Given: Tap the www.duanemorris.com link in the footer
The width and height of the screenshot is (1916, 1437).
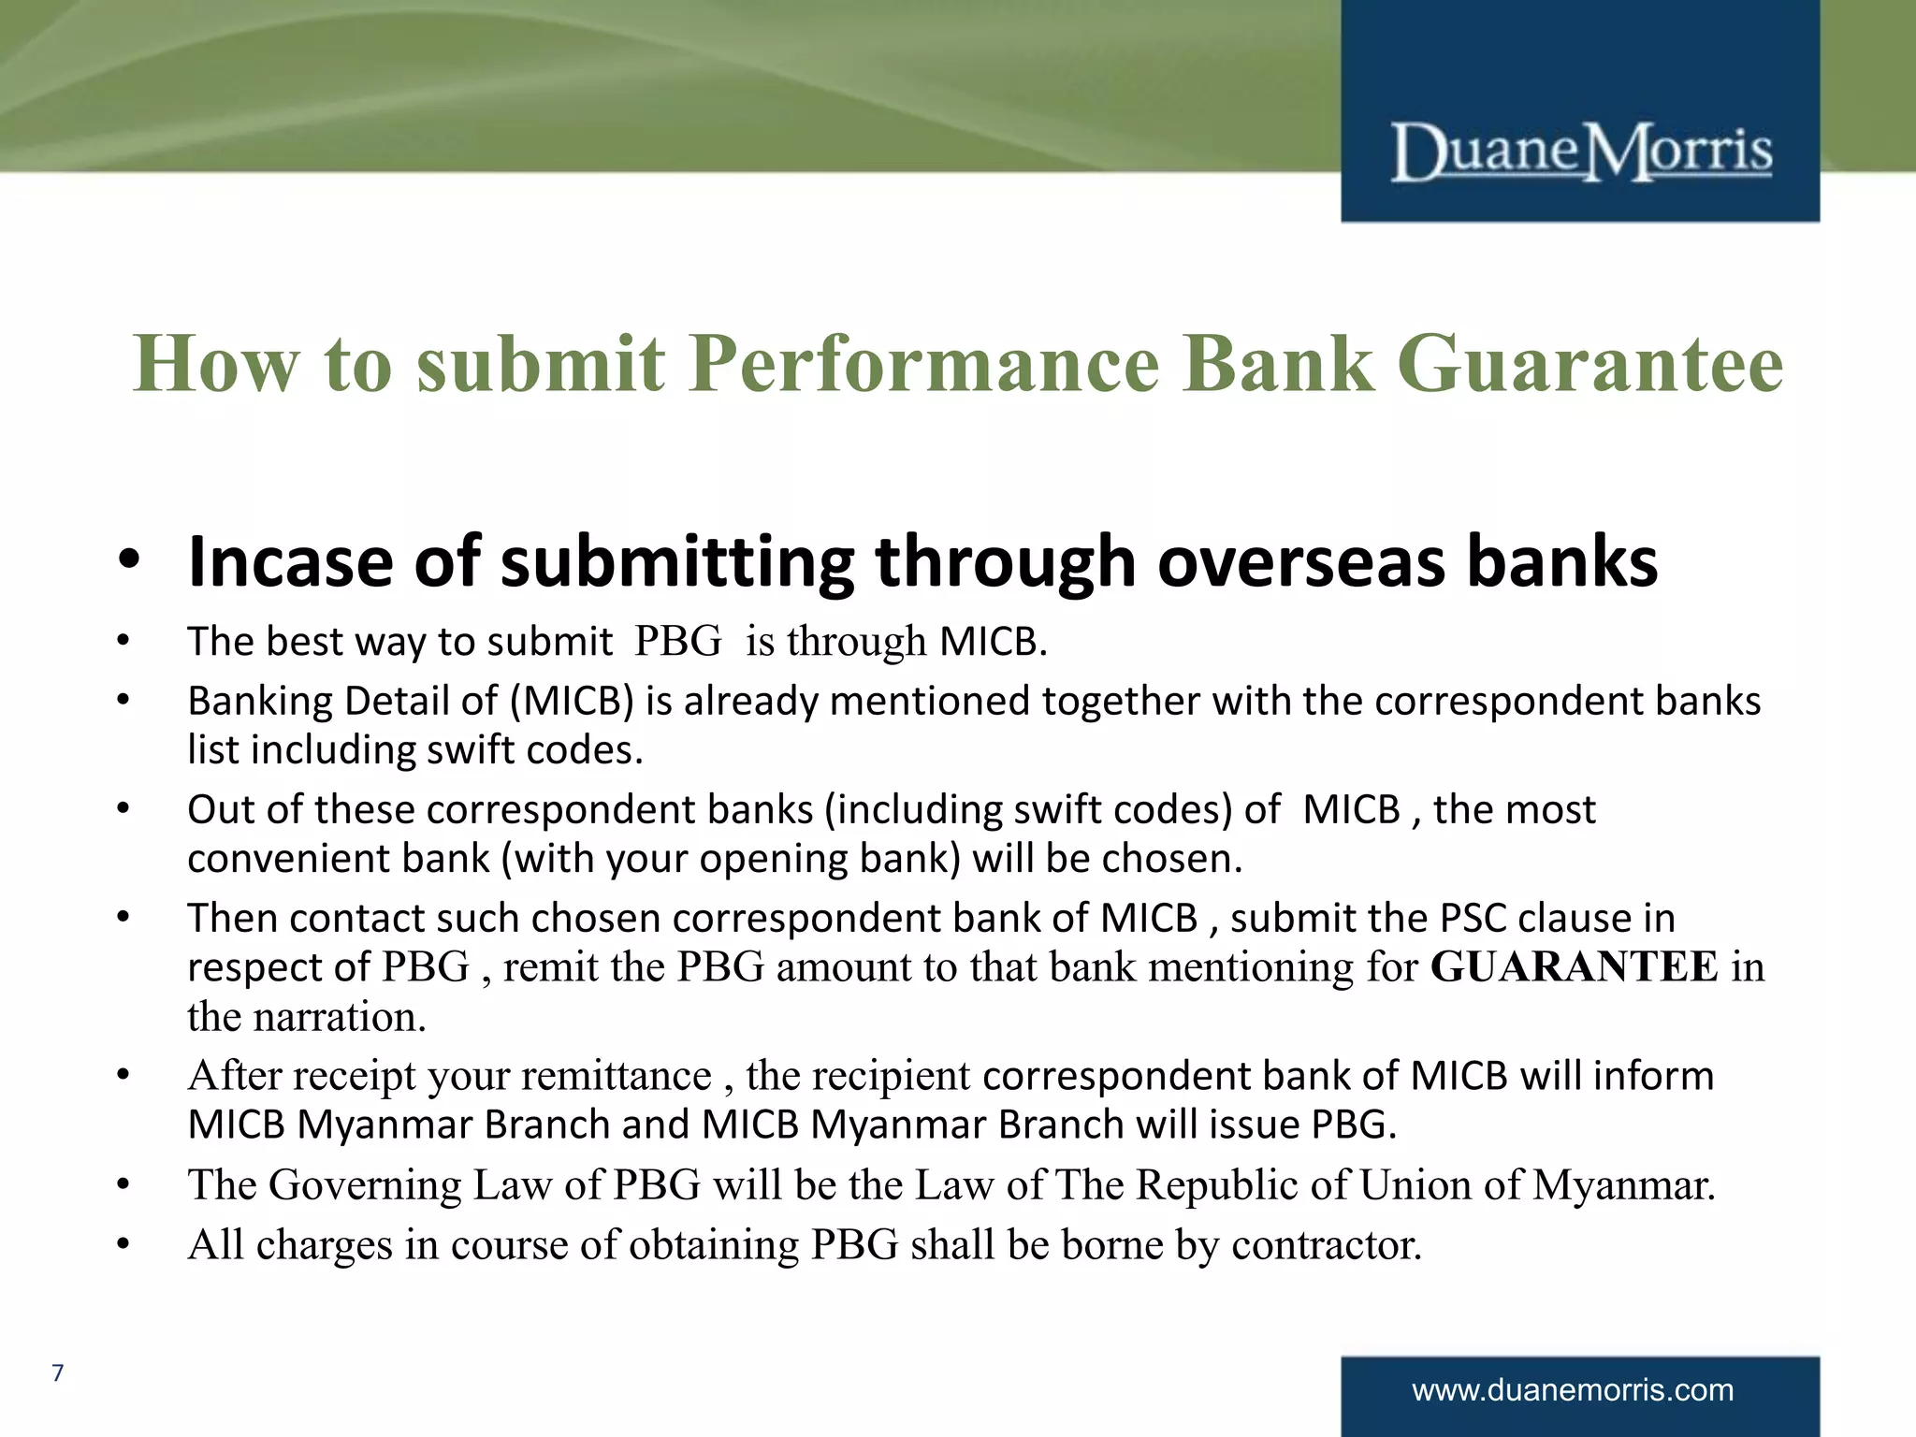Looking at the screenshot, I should point(1573,1389).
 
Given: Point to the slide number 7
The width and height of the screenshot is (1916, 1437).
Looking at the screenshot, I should point(58,1372).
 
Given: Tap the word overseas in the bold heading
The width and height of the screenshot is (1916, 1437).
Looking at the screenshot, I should point(1300,561).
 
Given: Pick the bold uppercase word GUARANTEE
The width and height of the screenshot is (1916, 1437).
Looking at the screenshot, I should point(1575,967).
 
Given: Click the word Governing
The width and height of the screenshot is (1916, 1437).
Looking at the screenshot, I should point(365,1185).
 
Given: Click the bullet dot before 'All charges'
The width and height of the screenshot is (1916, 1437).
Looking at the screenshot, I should point(123,1245).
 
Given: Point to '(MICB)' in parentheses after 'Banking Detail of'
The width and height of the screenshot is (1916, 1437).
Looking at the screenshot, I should point(572,702).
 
